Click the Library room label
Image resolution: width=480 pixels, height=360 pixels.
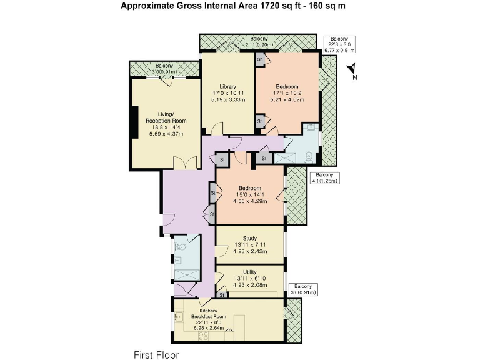point(227,86)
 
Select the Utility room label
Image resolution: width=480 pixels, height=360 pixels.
point(250,272)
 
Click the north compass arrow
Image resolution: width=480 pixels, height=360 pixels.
point(352,69)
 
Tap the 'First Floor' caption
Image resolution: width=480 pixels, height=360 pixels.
point(156,354)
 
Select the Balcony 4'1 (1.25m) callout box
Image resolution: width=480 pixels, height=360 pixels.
point(326,177)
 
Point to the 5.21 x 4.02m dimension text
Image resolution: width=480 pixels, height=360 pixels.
point(287,99)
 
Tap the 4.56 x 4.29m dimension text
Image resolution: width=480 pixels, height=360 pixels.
point(250,201)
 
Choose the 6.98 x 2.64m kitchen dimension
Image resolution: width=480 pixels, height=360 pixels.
point(208,328)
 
